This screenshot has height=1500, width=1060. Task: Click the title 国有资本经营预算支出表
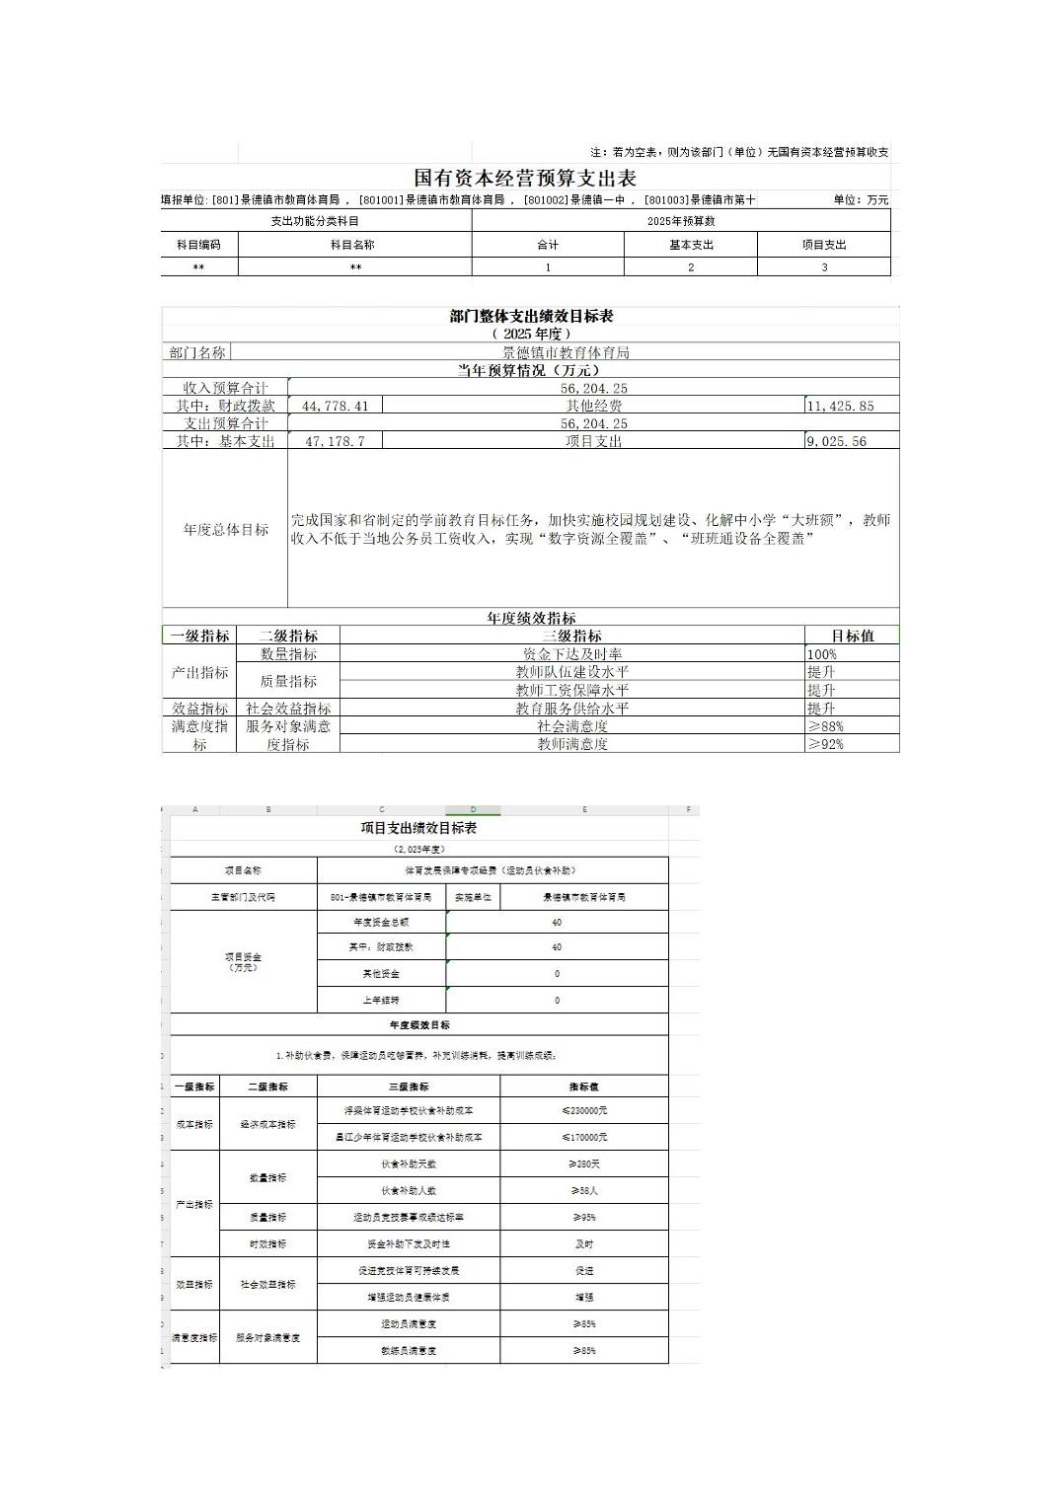524,178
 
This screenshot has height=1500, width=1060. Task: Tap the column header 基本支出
690,245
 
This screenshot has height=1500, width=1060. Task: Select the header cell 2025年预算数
681,221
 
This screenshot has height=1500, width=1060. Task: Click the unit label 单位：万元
861,199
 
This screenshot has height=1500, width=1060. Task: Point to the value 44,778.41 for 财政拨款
336,406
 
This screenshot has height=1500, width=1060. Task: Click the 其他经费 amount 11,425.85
840,406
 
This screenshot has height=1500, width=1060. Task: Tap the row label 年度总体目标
225,529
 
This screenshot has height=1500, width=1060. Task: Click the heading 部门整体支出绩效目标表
531,316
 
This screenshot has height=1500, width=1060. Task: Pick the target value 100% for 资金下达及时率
822,654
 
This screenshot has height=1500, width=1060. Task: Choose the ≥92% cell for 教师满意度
825,744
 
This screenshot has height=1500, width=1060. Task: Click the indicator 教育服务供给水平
571,709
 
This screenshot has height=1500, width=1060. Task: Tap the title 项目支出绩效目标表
418,828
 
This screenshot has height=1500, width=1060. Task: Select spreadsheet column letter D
473,810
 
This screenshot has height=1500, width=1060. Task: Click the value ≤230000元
584,1110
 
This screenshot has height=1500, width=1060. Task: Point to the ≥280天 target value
584,1163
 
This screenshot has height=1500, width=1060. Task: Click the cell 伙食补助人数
409,1190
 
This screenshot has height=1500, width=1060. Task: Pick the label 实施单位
473,897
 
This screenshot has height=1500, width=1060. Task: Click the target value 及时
584,1243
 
